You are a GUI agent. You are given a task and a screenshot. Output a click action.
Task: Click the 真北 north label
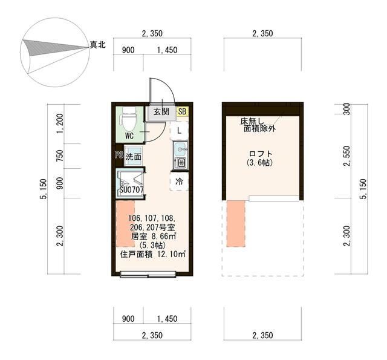97,45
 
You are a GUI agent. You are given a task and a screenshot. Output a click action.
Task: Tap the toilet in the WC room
129,119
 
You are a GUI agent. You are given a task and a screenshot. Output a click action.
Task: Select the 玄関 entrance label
161,111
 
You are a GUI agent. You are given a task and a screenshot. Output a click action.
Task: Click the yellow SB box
182,111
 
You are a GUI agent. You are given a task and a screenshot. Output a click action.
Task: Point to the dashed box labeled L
179,129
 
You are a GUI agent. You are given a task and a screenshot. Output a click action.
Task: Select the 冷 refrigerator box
179,181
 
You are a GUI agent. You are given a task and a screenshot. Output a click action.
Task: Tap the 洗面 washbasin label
133,157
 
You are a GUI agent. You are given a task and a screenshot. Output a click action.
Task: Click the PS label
119,155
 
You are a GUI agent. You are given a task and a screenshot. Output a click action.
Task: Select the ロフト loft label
261,154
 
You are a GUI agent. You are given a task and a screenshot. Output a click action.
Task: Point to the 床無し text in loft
253,121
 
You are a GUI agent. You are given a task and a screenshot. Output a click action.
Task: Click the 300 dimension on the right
346,109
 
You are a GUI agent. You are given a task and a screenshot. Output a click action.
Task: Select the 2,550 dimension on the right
346,155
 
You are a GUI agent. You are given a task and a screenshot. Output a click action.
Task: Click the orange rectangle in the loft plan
236,223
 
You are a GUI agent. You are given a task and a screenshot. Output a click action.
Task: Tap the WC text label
129,136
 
